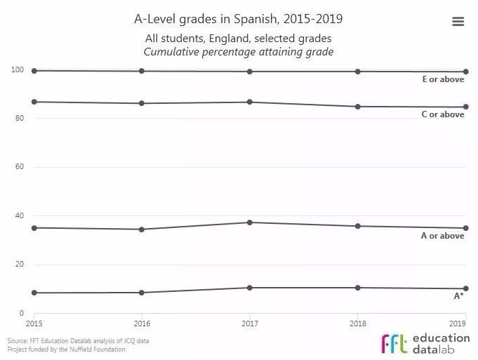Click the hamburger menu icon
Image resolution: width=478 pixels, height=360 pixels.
pyautogui.click(x=458, y=22)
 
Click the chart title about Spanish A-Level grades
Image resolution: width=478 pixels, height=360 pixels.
pyautogui.click(x=239, y=18)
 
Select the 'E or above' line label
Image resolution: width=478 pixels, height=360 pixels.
pyautogui.click(x=443, y=80)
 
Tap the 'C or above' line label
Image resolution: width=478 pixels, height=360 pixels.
pyautogui.click(x=443, y=114)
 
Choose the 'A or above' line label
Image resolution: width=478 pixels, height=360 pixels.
pyautogui.click(x=443, y=236)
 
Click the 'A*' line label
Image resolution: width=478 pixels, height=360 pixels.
pyautogui.click(x=458, y=296)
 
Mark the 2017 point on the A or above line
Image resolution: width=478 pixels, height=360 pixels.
pyautogui.click(x=250, y=222)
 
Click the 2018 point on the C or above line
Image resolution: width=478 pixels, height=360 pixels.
pyautogui.click(x=358, y=107)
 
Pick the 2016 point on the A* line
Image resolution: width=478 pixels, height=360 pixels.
pyautogui.click(x=142, y=293)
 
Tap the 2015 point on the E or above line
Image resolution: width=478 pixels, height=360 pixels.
pyautogui.click(x=34, y=70)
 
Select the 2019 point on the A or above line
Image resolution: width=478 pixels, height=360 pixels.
pyautogui.click(x=466, y=228)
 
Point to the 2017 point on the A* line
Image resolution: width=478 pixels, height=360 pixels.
pyautogui.click(x=250, y=288)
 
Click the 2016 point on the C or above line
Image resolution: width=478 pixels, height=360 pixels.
pyautogui.click(x=142, y=103)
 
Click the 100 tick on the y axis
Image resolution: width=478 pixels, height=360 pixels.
pyautogui.click(x=17, y=70)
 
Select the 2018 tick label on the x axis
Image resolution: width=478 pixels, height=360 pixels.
pyautogui.click(x=358, y=324)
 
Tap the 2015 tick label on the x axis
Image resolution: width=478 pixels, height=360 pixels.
pyautogui.click(x=34, y=324)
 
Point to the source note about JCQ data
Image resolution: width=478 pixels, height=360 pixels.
pyautogui.click(x=78, y=341)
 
